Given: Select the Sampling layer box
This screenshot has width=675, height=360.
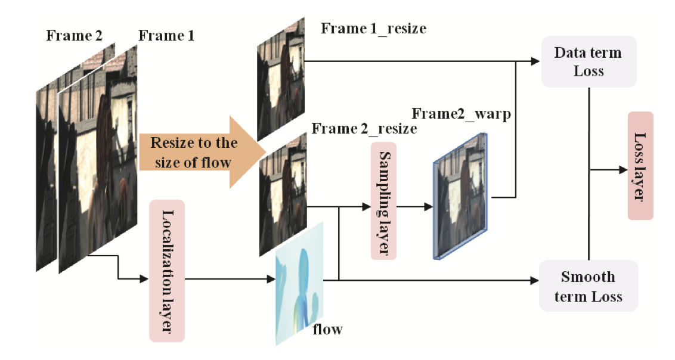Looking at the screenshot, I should [383, 200].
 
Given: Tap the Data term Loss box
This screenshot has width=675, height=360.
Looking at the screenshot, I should [589, 61].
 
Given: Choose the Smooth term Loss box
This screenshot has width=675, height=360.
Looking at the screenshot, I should [589, 286].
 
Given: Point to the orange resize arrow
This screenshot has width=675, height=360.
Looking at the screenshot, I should [200, 151].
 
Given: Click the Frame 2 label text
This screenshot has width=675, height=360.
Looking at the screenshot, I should [74, 36].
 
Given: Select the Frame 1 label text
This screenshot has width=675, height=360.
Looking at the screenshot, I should [166, 36].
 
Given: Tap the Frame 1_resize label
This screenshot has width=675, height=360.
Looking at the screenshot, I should [373, 27].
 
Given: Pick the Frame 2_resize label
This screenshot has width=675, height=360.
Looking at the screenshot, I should [364, 128].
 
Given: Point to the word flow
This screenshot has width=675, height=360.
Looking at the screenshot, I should [327, 328].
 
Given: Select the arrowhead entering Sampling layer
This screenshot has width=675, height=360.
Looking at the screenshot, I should [366, 207].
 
